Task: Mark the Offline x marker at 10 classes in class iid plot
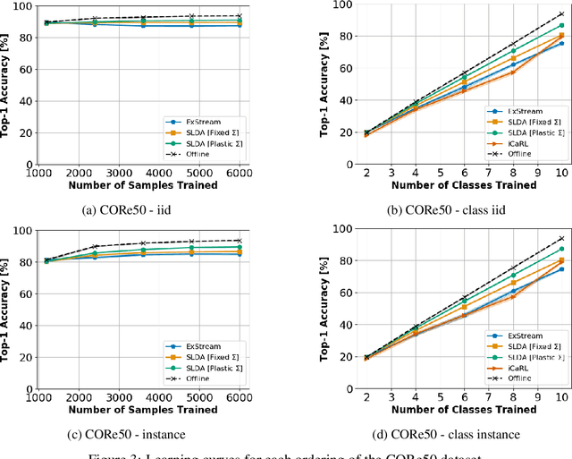(561, 14)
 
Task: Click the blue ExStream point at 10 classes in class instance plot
(561, 268)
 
